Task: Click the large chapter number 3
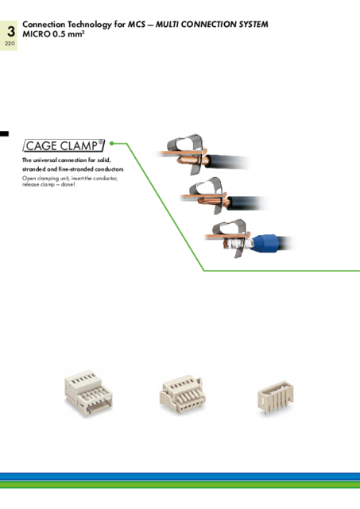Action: [11, 32]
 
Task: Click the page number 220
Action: [10, 43]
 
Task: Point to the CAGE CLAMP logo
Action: [64, 146]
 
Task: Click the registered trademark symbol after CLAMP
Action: [101, 142]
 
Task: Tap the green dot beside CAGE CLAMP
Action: [112, 143]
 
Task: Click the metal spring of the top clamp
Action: [185, 143]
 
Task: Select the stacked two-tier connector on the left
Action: [88, 392]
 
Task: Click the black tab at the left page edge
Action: [4, 133]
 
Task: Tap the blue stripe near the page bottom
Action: [180, 476]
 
